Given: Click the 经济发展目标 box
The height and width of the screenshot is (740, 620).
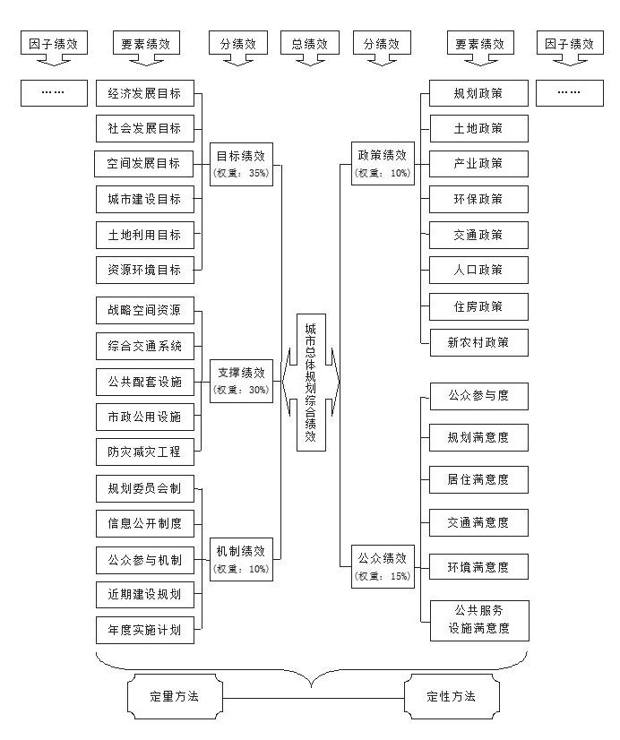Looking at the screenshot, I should click(144, 93).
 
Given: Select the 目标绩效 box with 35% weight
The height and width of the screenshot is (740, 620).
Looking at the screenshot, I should click(240, 162).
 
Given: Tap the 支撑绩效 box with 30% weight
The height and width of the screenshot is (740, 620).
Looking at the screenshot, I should click(240, 379).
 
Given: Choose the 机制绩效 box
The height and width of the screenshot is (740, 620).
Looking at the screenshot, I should click(240, 557).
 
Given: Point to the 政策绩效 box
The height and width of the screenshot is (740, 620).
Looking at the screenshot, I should click(383, 162).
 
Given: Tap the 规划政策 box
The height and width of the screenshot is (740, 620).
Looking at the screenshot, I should click(478, 93).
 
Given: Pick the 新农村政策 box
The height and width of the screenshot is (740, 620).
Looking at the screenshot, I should click(478, 341).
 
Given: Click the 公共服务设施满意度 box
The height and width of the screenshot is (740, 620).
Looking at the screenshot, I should click(478, 619).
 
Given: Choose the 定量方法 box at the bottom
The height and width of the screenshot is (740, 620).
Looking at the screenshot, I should click(174, 695).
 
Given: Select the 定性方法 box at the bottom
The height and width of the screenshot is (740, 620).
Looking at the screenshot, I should click(452, 695).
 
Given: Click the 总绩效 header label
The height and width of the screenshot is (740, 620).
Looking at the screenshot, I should click(310, 42).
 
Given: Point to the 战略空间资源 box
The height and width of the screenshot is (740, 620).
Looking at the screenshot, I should click(144, 311).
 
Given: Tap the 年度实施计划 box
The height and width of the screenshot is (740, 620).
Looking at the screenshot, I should click(144, 630).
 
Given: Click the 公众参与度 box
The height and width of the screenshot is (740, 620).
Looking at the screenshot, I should click(478, 395).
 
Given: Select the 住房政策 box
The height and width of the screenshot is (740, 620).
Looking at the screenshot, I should click(478, 306).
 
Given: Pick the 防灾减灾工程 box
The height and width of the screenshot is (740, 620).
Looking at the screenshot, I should click(144, 452).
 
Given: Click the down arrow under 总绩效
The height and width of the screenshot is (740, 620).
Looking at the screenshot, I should click(310, 60).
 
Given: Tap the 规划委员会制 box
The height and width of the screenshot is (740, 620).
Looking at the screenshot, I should click(144, 488).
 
